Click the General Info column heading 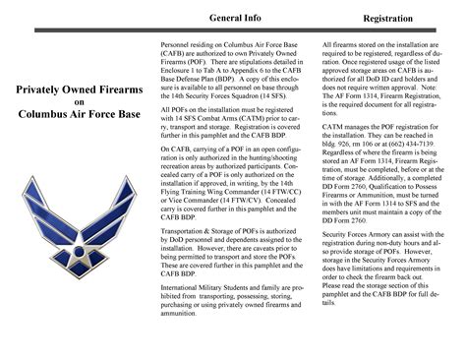coord(235,19)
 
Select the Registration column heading coord(386,19)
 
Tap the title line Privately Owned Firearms coord(80,91)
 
